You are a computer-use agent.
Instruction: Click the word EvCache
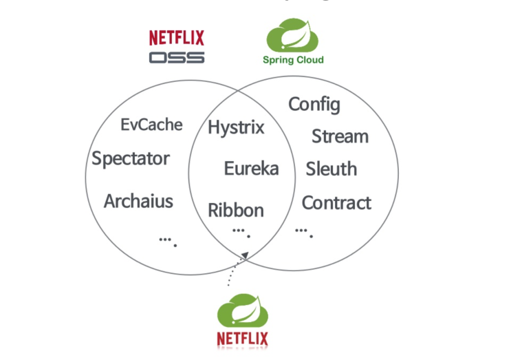tap(151, 125)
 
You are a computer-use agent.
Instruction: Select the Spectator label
tap(131, 159)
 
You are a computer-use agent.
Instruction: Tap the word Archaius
tap(138, 201)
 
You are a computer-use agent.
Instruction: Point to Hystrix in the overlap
tap(236, 127)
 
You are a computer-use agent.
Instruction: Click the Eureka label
tap(251, 168)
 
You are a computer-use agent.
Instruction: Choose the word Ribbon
tap(236, 210)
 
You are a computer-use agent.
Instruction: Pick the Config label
tap(314, 105)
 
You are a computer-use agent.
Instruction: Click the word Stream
tap(340, 136)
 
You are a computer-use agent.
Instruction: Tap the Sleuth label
tap(331, 169)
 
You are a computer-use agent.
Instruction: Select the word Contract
tap(336, 202)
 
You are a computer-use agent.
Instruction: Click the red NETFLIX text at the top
tap(177, 38)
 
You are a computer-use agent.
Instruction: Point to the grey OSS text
tap(177, 56)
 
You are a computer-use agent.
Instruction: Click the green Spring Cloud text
tap(293, 60)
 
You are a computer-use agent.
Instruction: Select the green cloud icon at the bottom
tap(242, 310)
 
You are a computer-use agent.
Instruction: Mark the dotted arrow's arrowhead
tap(244, 257)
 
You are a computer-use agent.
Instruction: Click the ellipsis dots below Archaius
tap(168, 240)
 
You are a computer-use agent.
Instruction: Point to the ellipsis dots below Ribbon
tap(240, 231)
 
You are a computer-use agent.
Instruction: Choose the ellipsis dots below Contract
tap(303, 231)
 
